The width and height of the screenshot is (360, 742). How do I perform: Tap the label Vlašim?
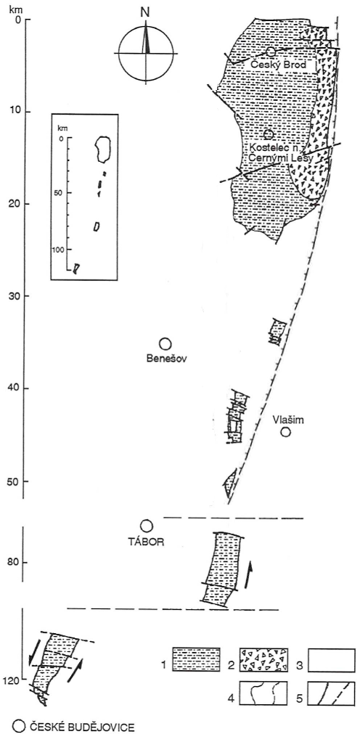[x=285, y=419]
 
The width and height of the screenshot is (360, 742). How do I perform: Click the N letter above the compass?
[x=144, y=13]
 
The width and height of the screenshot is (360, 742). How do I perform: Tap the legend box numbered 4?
[x=263, y=693]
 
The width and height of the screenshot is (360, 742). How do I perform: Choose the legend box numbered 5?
[x=331, y=693]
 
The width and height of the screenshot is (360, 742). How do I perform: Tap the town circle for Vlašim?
[x=285, y=431]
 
